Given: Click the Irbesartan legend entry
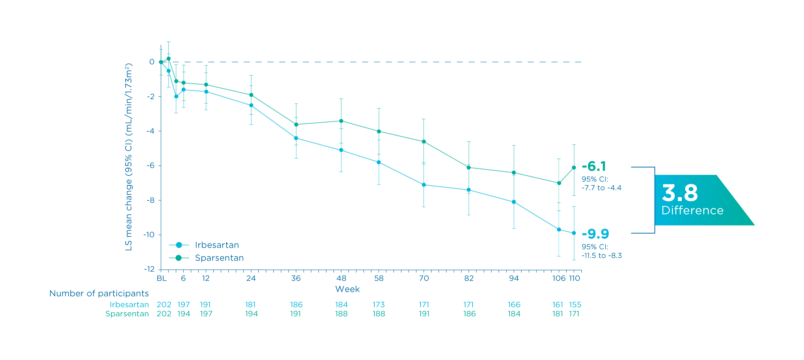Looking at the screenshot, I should click(217, 245).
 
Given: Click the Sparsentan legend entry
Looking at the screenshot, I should click(219, 258).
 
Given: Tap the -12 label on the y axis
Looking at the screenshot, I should click(149, 269).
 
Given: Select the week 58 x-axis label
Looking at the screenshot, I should click(379, 278).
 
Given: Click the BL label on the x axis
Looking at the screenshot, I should click(161, 278).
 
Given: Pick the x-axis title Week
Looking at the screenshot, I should click(347, 289).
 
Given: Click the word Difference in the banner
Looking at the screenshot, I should click(692, 211).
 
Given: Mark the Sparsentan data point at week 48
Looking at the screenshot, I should click(341, 121).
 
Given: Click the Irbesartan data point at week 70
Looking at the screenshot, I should click(423, 185).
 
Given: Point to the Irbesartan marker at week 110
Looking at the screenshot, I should click(574, 233).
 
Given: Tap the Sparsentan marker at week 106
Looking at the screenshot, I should click(559, 183).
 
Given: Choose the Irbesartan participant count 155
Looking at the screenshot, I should click(575, 305).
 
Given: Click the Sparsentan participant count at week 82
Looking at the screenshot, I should click(469, 314).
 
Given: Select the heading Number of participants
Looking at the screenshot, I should click(99, 293).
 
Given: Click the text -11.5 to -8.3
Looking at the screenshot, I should click(601, 255).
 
